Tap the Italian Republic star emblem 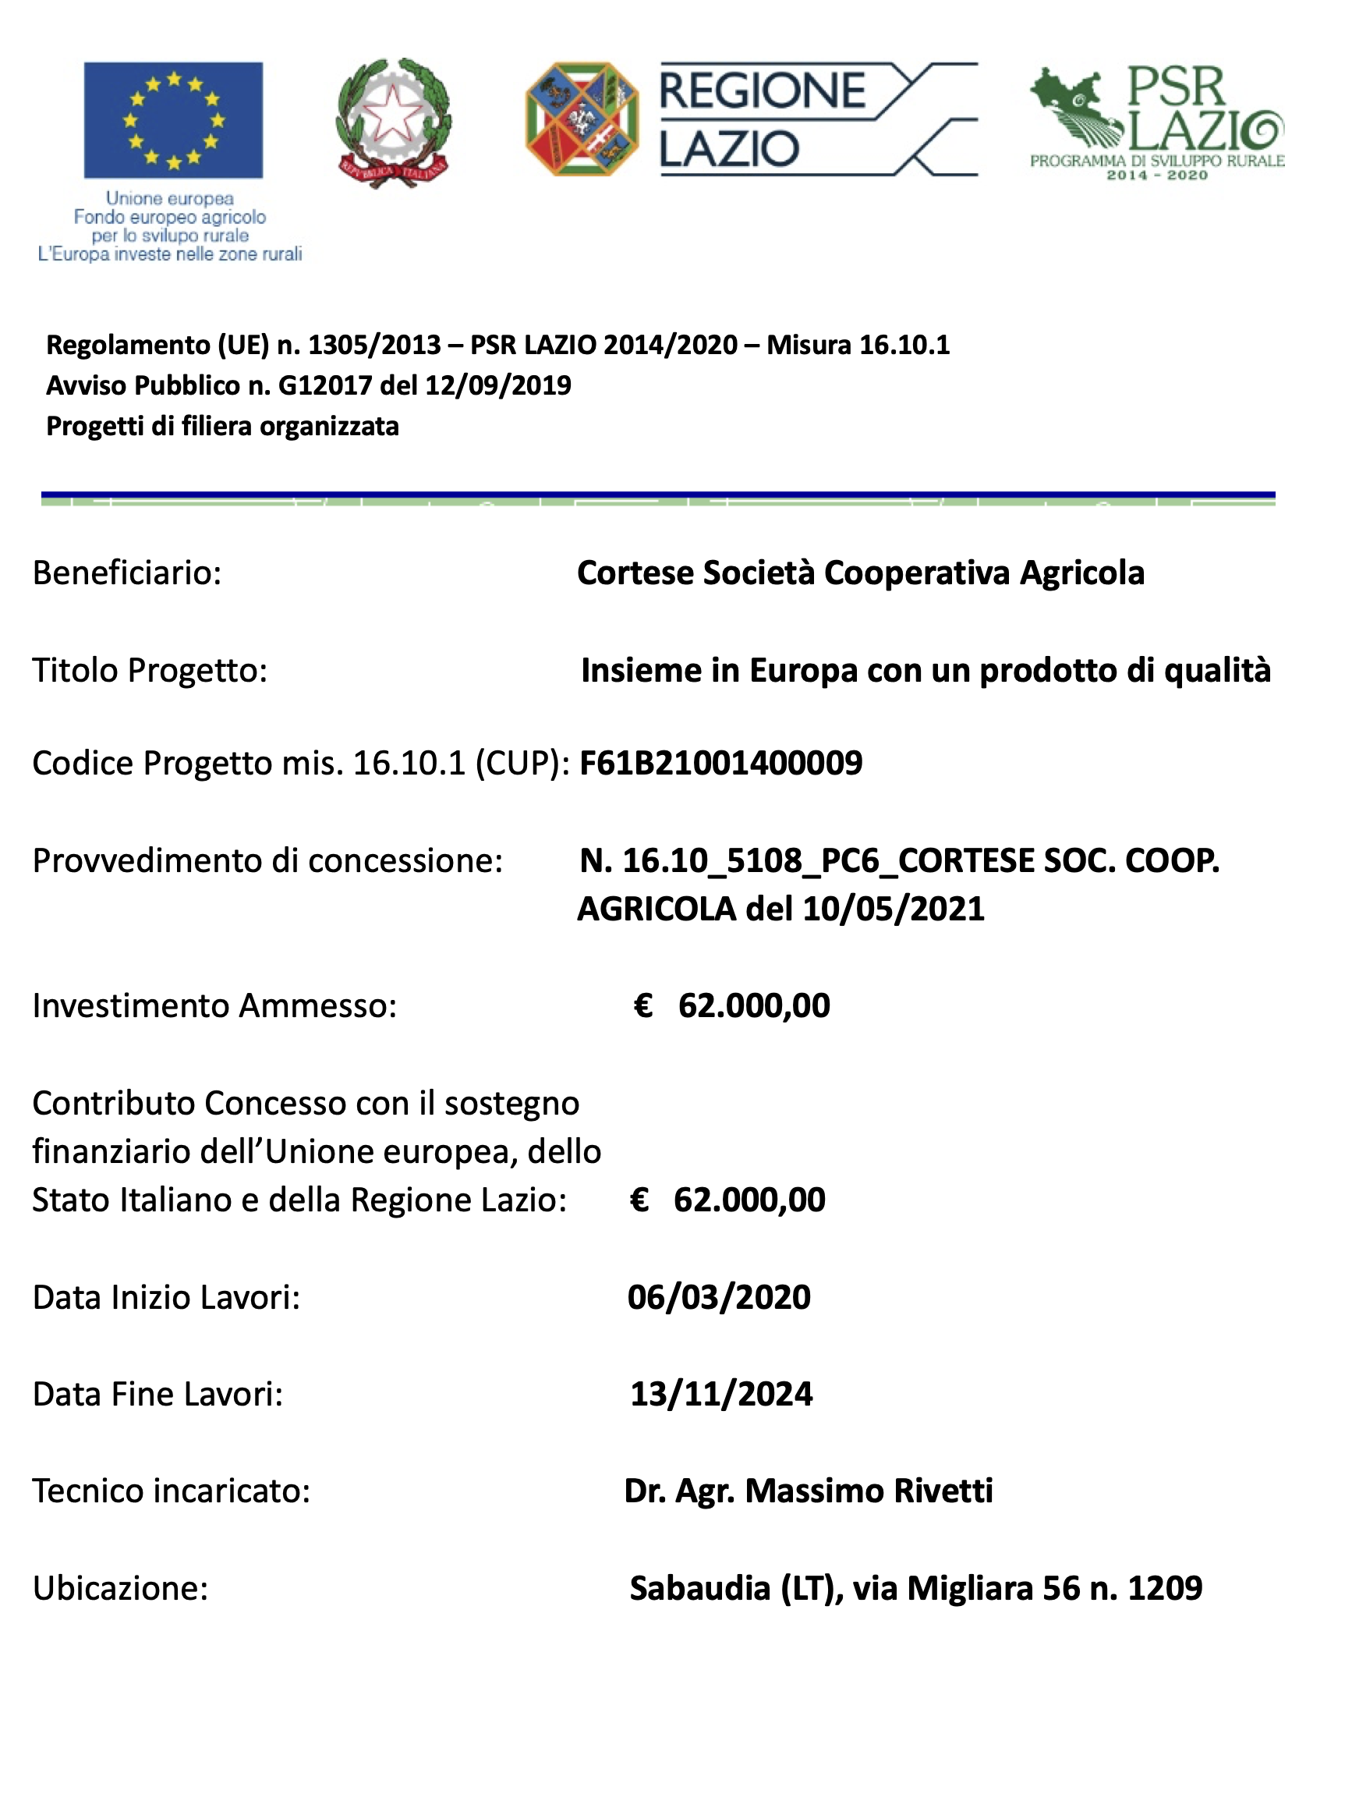click(x=393, y=122)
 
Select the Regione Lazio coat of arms click(x=582, y=119)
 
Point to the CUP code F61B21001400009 click(x=720, y=763)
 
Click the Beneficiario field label click(x=126, y=573)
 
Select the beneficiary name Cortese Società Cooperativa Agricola click(x=860, y=573)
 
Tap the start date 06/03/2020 click(x=718, y=1297)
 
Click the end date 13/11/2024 click(x=720, y=1393)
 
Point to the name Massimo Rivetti click(x=869, y=1491)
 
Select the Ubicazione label click(x=120, y=1588)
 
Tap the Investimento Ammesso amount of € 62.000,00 click(x=731, y=1005)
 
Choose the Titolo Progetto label click(x=149, y=670)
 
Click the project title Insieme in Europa click(x=925, y=670)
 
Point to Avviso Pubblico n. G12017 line click(x=308, y=385)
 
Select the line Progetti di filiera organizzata click(x=222, y=426)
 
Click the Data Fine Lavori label click(x=158, y=1393)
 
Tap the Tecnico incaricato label click(x=171, y=1491)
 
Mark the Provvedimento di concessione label click(x=267, y=860)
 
